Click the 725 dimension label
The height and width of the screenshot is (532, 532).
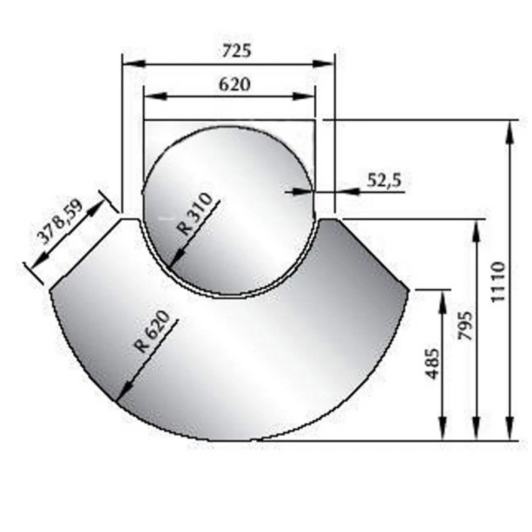[236, 51]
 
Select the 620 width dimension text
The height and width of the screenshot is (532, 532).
[235, 84]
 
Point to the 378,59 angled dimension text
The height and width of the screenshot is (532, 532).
[61, 222]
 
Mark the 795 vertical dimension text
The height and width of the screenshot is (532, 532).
[465, 326]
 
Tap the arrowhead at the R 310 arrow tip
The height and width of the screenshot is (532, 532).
[174, 262]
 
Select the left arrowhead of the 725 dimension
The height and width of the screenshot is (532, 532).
[133, 64]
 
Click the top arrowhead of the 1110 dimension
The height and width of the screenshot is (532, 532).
[510, 131]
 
